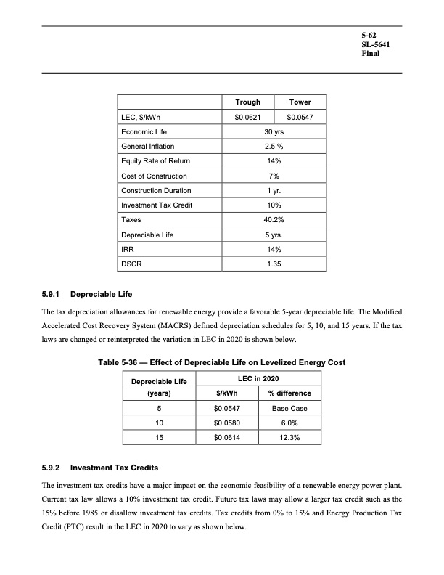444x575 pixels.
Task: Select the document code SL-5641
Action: (x=377, y=44)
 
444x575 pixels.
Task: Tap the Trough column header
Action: (x=248, y=102)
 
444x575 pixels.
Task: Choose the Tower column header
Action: (x=300, y=102)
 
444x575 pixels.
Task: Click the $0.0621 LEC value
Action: (x=248, y=118)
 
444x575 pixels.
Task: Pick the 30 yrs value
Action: (x=274, y=133)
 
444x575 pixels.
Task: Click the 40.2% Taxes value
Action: (x=274, y=219)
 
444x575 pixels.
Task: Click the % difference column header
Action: (x=289, y=393)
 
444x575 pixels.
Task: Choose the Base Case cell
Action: (x=289, y=409)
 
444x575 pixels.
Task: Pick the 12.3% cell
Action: (x=289, y=438)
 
